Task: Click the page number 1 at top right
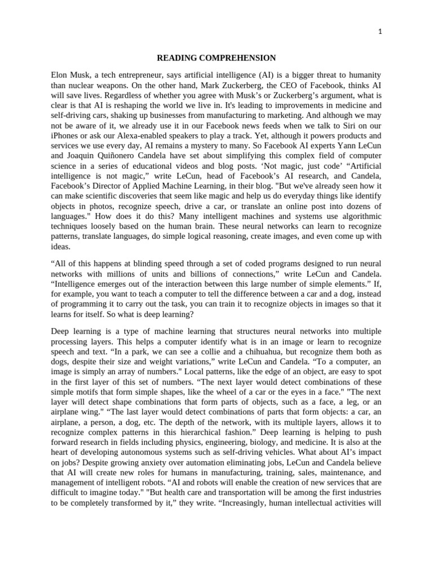pos(380,32)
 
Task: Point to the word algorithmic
pos(357,217)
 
